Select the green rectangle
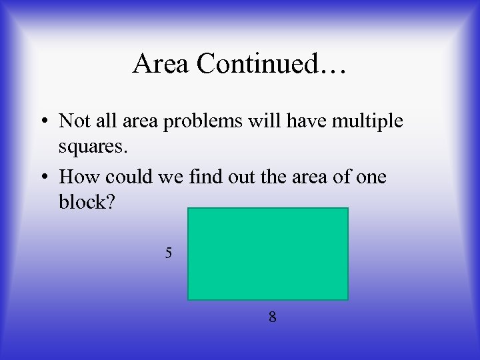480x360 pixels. click(x=268, y=254)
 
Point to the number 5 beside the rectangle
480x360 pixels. click(x=169, y=253)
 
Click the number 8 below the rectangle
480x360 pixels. click(x=272, y=317)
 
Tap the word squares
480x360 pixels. click(x=91, y=145)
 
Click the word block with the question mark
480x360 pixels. click(x=87, y=202)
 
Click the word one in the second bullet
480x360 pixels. click(x=371, y=178)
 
